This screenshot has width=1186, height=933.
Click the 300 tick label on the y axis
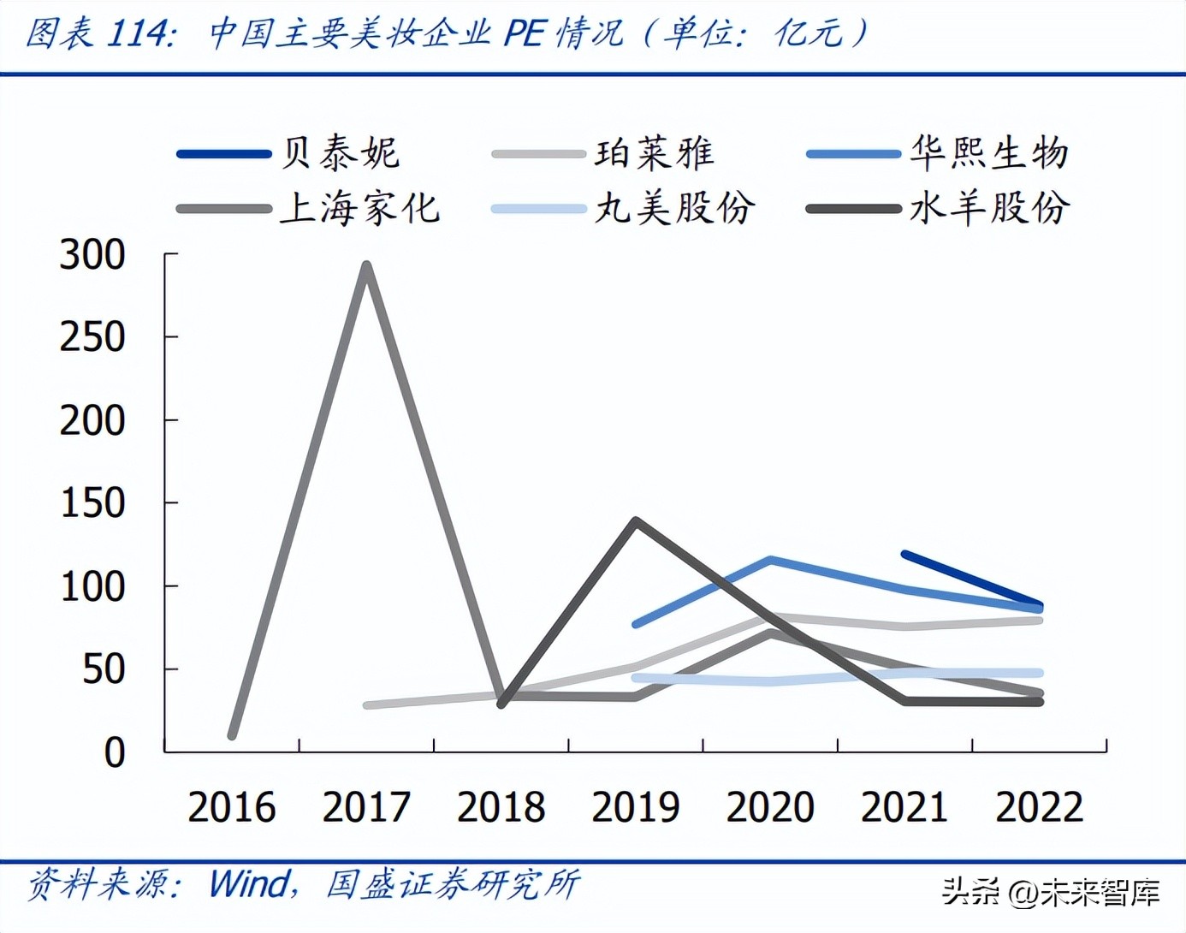92,255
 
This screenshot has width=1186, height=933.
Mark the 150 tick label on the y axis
92,503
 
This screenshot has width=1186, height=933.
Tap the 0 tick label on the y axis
114,753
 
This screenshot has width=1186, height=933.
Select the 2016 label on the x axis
232,807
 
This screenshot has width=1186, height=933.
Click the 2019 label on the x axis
636,807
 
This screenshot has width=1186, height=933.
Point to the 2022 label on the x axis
1040,807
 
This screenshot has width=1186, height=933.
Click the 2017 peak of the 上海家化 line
366,265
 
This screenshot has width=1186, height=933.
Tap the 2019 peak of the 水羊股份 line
636,520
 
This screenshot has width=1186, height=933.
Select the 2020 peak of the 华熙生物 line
770,560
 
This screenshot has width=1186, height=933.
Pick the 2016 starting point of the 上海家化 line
232,735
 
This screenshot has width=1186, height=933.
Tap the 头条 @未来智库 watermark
1052,893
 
